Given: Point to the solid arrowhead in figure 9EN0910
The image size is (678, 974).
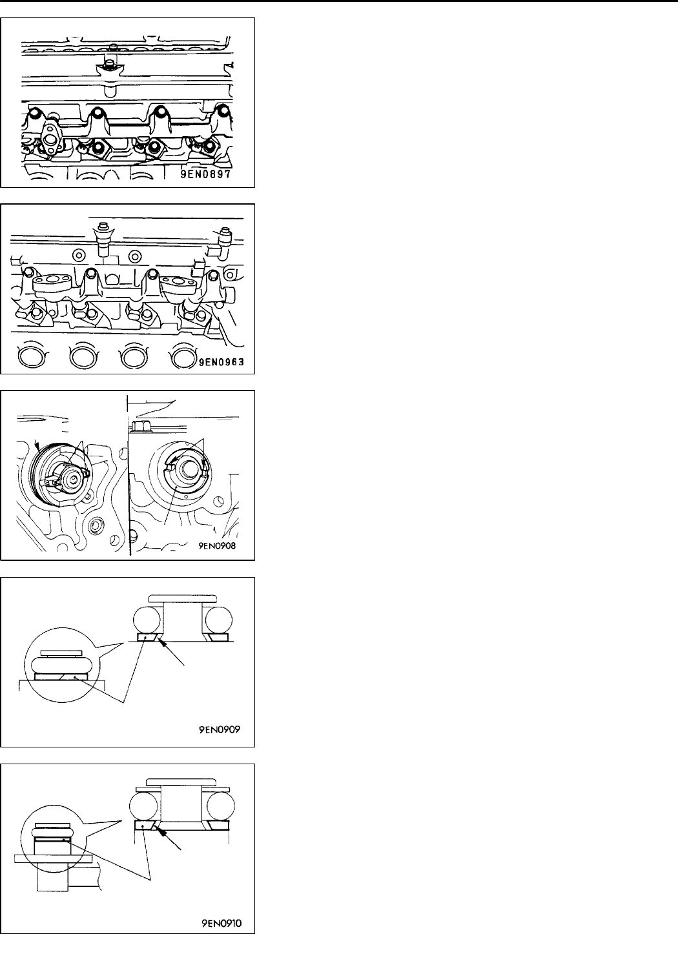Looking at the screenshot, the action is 169,833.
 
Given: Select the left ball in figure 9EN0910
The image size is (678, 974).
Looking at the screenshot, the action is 145,806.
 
